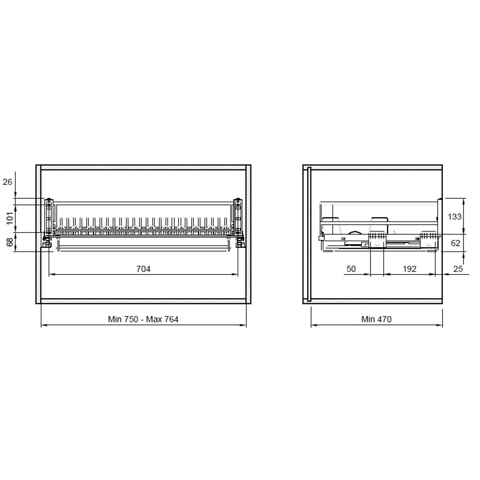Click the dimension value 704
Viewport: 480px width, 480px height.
(x=143, y=269)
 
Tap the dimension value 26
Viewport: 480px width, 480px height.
(x=7, y=182)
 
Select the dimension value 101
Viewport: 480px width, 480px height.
(x=10, y=218)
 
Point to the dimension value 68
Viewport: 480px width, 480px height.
(x=10, y=242)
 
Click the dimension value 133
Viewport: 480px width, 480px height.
(x=454, y=217)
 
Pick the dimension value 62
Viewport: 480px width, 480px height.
(x=456, y=243)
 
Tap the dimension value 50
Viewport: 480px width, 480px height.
(x=351, y=269)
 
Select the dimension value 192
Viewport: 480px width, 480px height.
(x=409, y=269)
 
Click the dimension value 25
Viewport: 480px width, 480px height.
(x=458, y=269)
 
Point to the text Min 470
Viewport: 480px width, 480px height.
(x=376, y=319)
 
